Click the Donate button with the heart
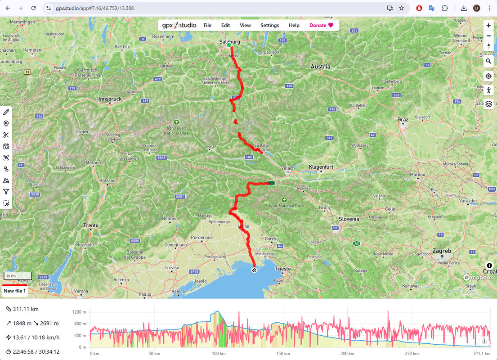321,25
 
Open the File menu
207,25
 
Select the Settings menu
269,25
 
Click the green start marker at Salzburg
229,45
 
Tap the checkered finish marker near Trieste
255,270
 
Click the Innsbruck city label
110,99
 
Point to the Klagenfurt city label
321,166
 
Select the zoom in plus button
488,26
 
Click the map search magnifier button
488,61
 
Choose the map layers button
488,104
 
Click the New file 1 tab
14,291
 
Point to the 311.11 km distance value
26,309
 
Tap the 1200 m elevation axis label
79,312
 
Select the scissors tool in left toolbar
6,135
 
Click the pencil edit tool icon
6,112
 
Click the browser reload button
33,8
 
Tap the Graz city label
403,120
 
